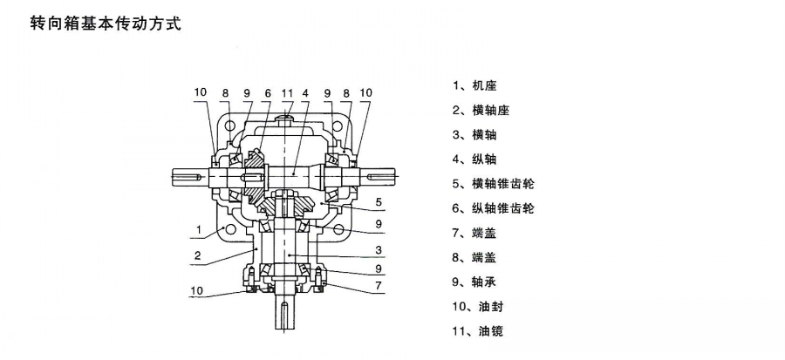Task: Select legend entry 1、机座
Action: pyautogui.click(x=475, y=85)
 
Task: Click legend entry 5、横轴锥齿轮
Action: pyautogui.click(x=493, y=184)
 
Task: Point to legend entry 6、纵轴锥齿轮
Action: pyautogui.click(x=493, y=208)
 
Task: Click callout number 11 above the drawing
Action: pyautogui.click(x=287, y=92)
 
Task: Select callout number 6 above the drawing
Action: pyautogui.click(x=267, y=92)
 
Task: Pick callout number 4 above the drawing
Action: pyautogui.click(x=305, y=92)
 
